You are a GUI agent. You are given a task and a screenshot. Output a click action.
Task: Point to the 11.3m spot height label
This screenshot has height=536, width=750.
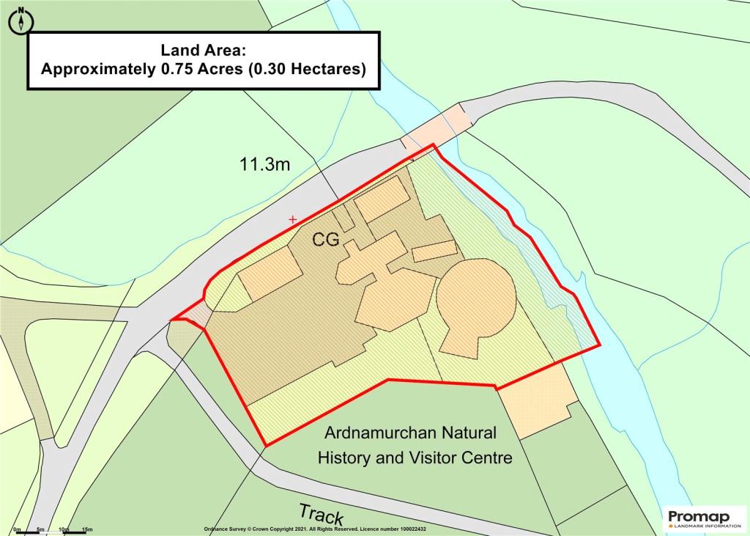[264, 165]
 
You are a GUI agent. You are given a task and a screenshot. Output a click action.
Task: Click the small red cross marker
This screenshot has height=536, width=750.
[293, 219]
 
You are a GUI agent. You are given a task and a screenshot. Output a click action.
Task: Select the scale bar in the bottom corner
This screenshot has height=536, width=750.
[51, 530]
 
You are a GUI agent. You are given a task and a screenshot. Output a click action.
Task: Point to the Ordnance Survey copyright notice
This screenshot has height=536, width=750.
[314, 529]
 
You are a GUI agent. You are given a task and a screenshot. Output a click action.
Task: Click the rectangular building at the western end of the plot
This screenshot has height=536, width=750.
[270, 277]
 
